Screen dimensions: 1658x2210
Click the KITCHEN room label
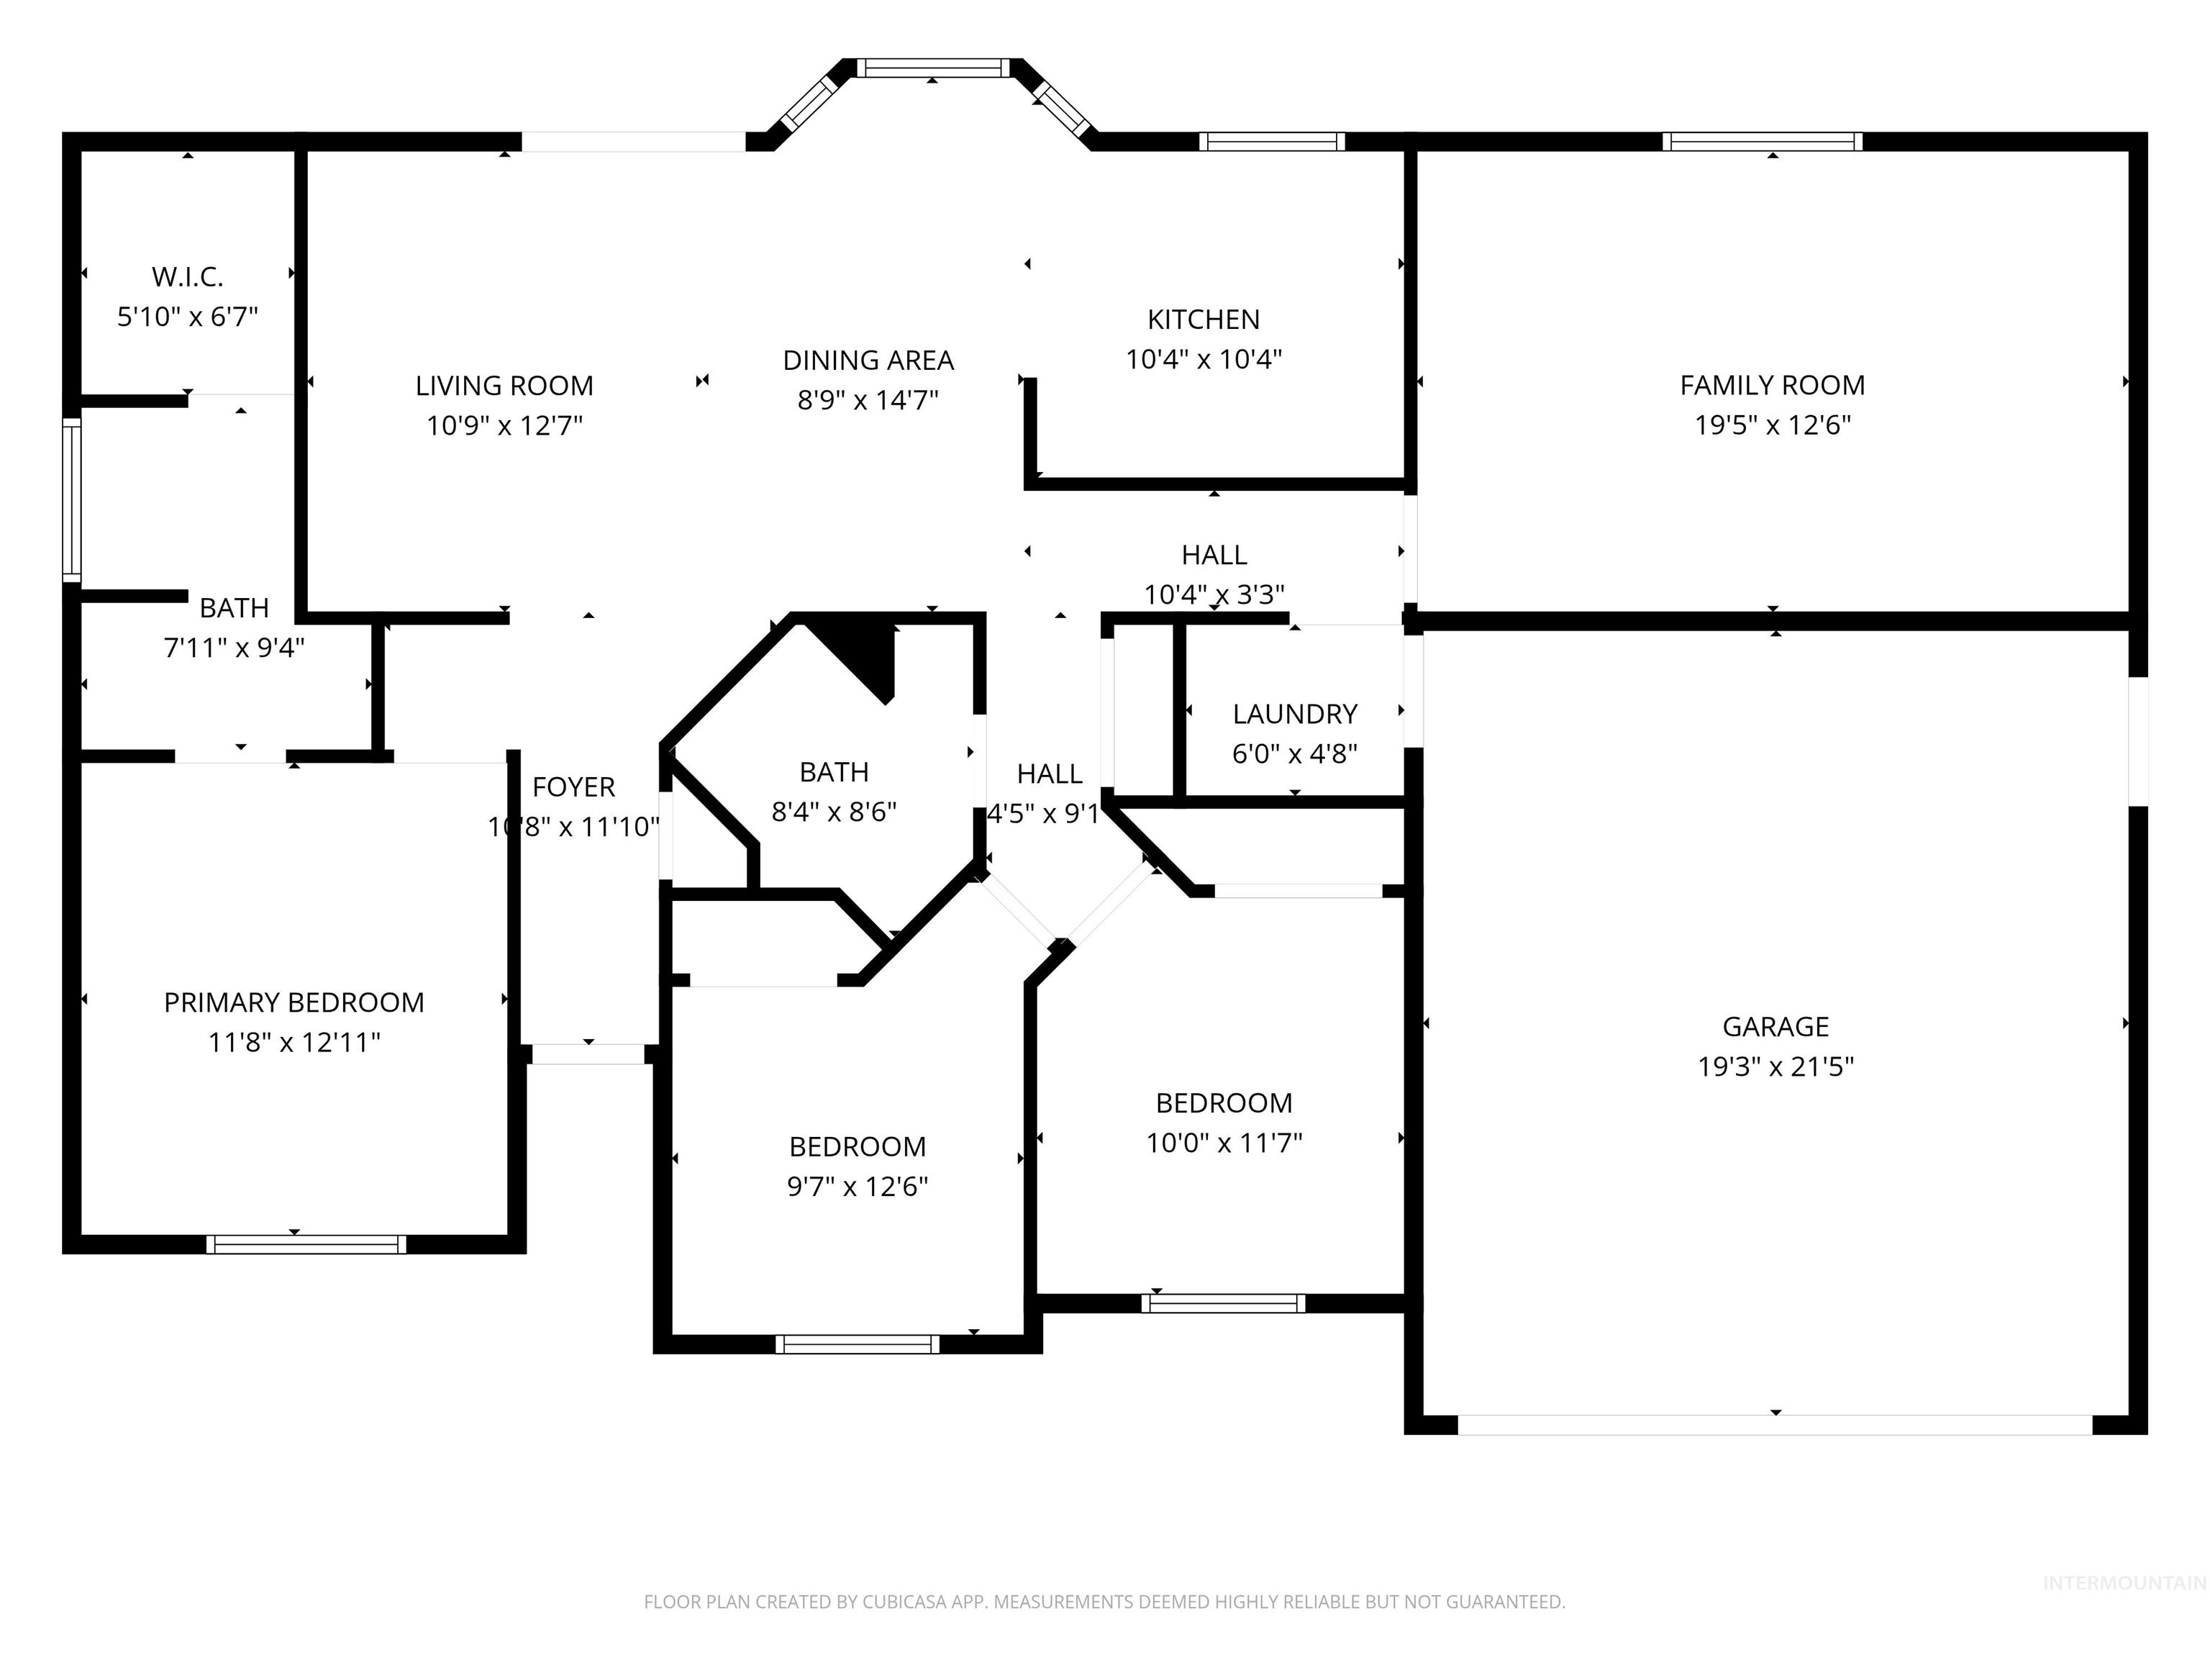pyautogui.click(x=1203, y=320)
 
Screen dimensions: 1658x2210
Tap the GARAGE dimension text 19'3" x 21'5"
pyautogui.click(x=1775, y=1066)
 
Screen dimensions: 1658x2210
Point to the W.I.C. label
pyautogui.click(x=187, y=277)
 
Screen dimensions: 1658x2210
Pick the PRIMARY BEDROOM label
pyautogui.click(x=294, y=1002)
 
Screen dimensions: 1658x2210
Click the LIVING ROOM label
pyautogui.click(x=504, y=386)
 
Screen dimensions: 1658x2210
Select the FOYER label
pyautogui.click(x=573, y=787)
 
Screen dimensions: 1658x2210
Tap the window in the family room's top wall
pyautogui.click(x=1763, y=142)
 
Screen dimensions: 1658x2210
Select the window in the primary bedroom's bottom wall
pyautogui.click(x=306, y=1244)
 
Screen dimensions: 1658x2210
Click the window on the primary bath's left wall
pyautogui.click(x=71, y=499)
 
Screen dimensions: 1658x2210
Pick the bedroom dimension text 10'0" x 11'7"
pyautogui.click(x=1224, y=1142)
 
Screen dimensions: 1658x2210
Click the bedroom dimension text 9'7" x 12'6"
pyautogui.click(x=858, y=1186)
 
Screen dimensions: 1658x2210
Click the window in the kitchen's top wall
pyautogui.click(x=1271, y=142)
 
